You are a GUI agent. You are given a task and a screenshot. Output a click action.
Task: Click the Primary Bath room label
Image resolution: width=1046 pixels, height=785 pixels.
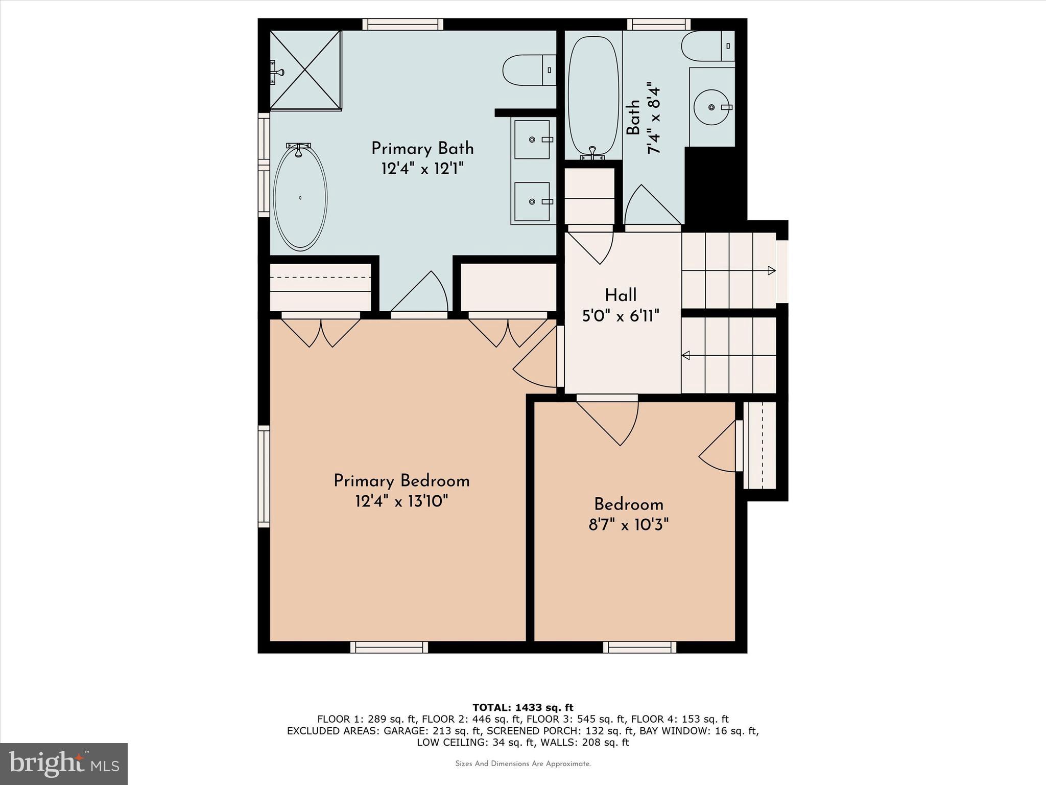[422, 149]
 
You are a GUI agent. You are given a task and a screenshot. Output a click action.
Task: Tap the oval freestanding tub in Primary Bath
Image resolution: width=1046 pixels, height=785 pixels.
[300, 198]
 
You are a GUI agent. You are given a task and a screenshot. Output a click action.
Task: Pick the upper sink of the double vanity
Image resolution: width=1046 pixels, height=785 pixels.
[532, 140]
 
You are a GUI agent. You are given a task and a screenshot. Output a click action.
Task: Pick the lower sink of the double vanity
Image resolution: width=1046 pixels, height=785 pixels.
[532, 202]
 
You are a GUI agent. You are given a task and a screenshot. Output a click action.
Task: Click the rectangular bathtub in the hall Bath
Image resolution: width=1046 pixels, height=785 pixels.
[593, 96]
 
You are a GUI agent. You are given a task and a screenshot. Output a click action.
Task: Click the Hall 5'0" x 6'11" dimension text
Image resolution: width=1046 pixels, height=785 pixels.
[621, 316]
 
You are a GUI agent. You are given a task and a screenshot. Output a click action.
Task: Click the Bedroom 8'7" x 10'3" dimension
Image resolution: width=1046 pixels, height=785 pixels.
[628, 525]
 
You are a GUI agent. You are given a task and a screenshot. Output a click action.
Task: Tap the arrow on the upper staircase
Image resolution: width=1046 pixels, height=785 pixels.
[771, 270]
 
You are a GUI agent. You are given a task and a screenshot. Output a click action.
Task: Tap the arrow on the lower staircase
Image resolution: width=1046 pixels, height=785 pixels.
[686, 355]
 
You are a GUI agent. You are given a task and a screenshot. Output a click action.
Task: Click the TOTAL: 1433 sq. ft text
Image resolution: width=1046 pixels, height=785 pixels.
[522, 708]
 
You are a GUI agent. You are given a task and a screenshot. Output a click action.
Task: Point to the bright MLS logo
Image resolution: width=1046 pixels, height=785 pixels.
[63, 763]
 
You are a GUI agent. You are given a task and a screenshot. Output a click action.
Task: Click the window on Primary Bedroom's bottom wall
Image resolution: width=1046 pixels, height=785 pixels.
[389, 648]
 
